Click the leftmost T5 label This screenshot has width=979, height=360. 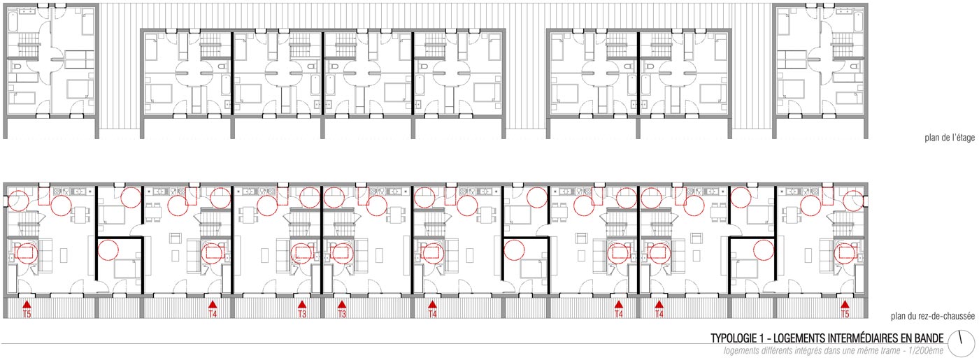click(x=27, y=314)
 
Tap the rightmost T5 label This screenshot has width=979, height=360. click(x=845, y=314)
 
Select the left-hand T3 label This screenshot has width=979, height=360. click(x=302, y=314)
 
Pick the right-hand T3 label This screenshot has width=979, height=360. click(x=342, y=314)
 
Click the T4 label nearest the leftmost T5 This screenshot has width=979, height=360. click(x=213, y=314)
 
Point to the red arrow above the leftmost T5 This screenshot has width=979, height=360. click(x=27, y=305)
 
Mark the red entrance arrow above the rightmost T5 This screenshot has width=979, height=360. click(x=845, y=305)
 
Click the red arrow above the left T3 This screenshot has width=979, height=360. click(x=302, y=305)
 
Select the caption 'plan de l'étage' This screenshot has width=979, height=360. click(x=950, y=138)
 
